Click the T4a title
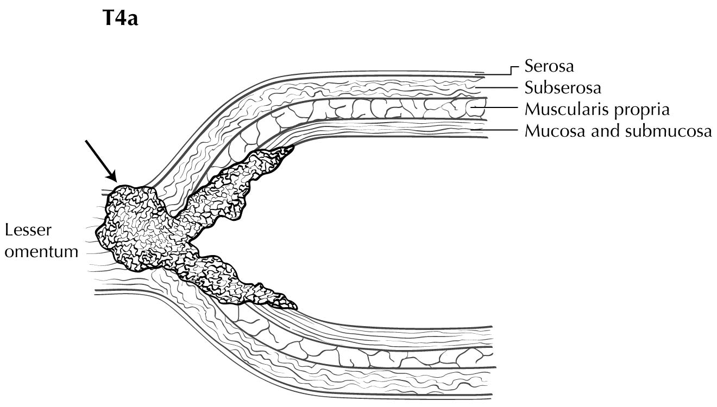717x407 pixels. pos(121,18)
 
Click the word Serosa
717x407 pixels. pos(549,67)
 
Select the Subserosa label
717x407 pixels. pos(563,88)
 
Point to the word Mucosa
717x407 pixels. pos(555,131)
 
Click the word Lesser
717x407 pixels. pos(28,230)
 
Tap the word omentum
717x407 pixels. pos(42,252)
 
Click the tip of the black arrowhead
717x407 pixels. pos(116,181)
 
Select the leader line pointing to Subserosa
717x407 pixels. pos(496,87)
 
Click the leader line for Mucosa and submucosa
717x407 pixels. pos(494,130)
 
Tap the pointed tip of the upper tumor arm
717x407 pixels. pos(293,147)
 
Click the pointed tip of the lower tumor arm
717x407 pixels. pos(297,309)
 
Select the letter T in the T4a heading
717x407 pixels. pos(108,18)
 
